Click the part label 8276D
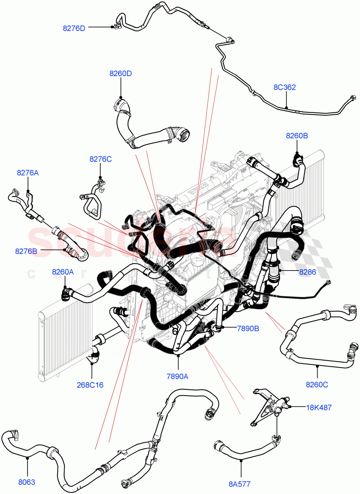tap(74, 28)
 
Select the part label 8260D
tap(121, 74)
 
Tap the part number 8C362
tap(285, 88)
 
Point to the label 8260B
tap(297, 135)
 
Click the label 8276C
tap(101, 159)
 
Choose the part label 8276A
tap(28, 173)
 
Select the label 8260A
tap(63, 272)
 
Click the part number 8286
tap(308, 272)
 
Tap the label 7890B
tap(248, 328)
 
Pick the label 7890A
tap(178, 376)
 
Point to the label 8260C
tap(317, 385)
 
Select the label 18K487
tap(318, 408)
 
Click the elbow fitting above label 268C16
tap(95, 354)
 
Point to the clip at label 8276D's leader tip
tap(112, 27)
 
